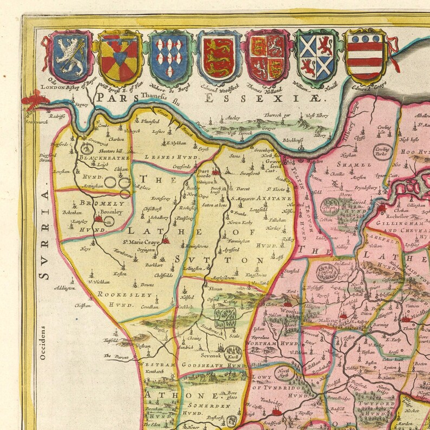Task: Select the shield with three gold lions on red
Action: coord(218,55)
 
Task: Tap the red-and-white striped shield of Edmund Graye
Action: coord(364,55)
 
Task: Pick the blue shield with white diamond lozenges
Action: coord(170,55)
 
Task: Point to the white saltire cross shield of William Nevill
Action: coord(316,55)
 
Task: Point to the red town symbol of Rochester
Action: coord(383,208)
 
